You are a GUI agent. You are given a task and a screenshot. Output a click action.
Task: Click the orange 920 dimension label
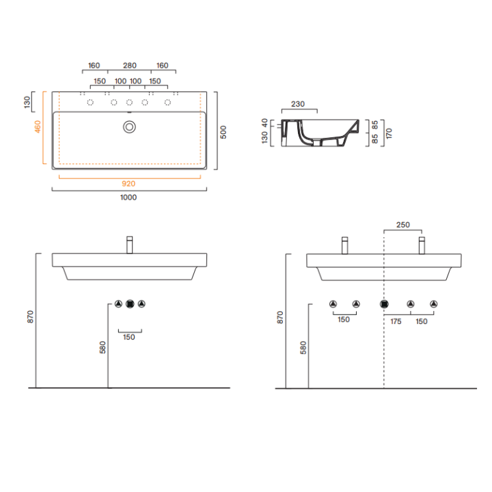pyautogui.click(x=128, y=184)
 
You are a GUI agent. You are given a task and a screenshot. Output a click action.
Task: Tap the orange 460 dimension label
pyautogui.click(x=38, y=127)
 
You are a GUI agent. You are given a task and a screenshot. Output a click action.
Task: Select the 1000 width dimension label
pyautogui.click(x=128, y=197)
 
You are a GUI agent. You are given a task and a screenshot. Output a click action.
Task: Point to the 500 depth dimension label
pyautogui.click(x=223, y=132)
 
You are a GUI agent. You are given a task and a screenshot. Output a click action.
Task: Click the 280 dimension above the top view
pyautogui.click(x=130, y=66)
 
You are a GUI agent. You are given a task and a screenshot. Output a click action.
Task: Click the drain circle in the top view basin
pyautogui.click(x=129, y=127)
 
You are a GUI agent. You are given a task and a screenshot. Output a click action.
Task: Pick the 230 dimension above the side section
pyautogui.click(x=298, y=104)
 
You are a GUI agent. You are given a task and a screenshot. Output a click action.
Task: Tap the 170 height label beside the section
pyautogui.click(x=389, y=133)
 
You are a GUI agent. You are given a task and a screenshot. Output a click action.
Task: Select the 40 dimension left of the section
pyautogui.click(x=264, y=123)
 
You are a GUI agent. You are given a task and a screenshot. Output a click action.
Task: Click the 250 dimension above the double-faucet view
pyautogui.click(x=403, y=225)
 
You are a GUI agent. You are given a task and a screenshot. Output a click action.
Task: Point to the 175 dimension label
pyautogui.click(x=396, y=321)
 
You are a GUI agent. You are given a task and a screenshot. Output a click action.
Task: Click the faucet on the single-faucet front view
pyautogui.click(x=130, y=245)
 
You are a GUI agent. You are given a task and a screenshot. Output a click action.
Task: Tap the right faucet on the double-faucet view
pyautogui.click(x=422, y=245)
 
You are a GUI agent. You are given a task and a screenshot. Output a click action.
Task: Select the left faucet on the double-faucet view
pyautogui.click(x=345, y=245)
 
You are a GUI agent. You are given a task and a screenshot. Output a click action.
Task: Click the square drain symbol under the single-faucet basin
pyautogui.click(x=130, y=303)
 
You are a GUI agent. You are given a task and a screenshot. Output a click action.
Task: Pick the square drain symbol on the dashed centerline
pyautogui.click(x=384, y=304)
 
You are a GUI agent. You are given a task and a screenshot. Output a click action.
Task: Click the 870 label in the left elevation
pyautogui.click(x=30, y=316)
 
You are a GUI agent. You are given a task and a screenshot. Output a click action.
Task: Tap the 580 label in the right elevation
pyautogui.click(x=303, y=348)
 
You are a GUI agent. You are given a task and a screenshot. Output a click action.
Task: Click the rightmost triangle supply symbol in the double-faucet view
pyautogui.click(x=434, y=303)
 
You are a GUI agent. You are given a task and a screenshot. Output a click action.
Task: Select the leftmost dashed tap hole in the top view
pyautogui.click(x=90, y=102)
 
